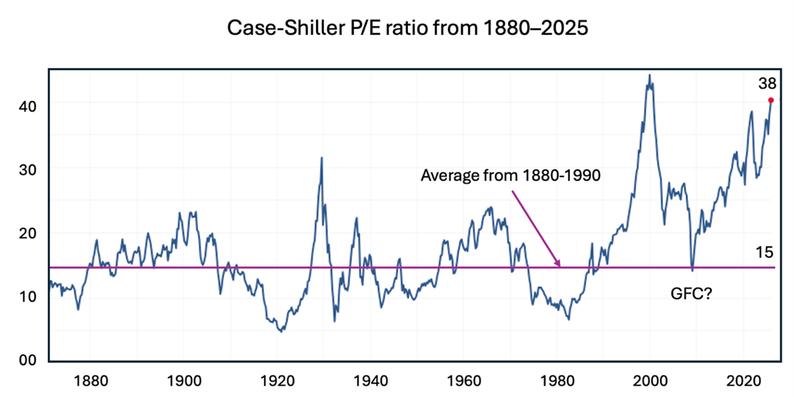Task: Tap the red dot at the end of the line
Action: (771, 101)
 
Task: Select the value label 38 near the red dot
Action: (767, 84)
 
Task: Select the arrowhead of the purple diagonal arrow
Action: (560, 266)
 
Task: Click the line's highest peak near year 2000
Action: (649, 75)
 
